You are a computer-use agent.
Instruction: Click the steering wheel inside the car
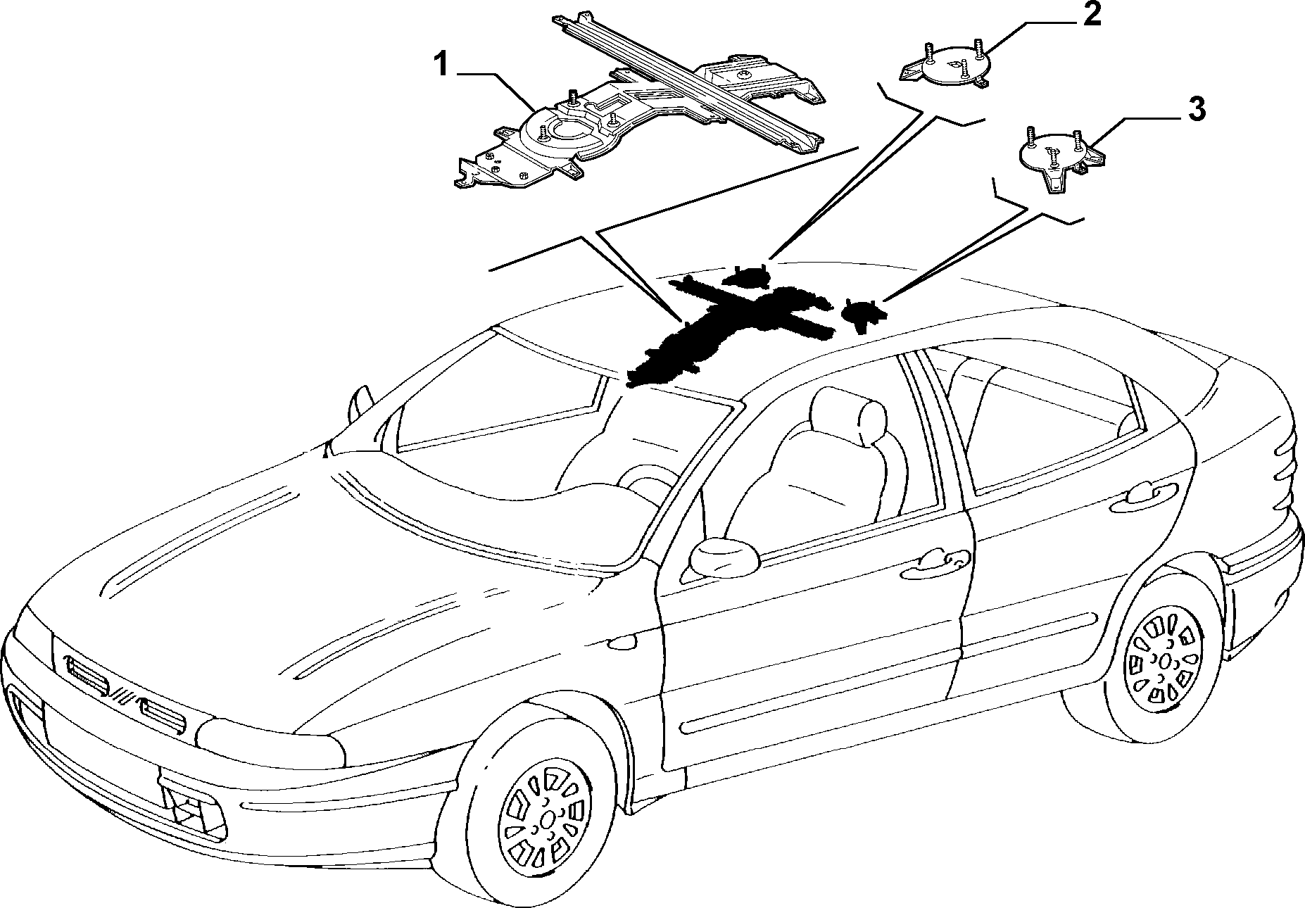pyautogui.click(x=644, y=482)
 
